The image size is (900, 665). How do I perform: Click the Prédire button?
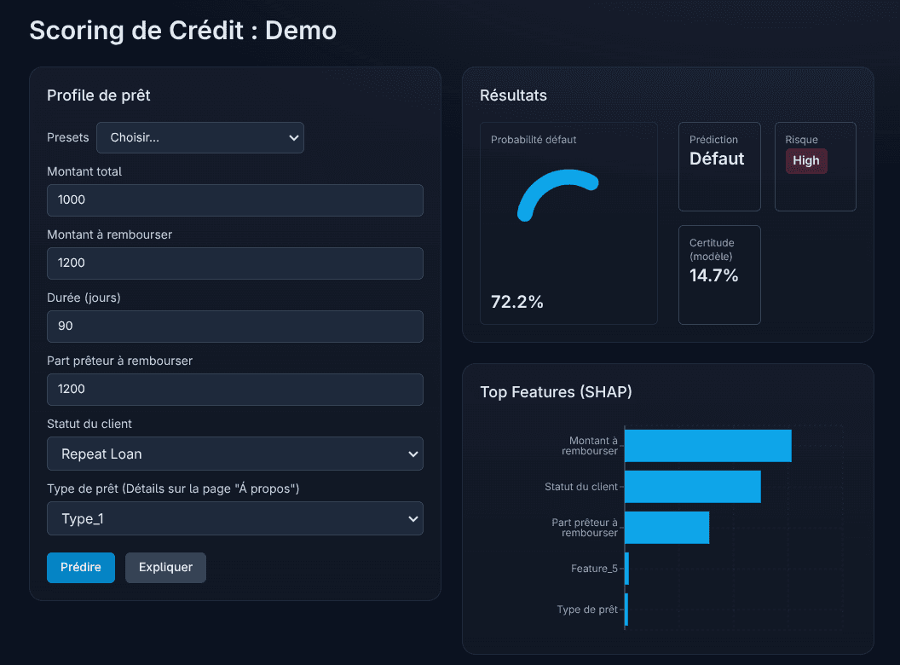(81, 567)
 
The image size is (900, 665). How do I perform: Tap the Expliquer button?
(165, 567)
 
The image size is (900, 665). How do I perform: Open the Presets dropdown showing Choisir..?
(200, 137)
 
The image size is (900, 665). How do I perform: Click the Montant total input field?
(235, 200)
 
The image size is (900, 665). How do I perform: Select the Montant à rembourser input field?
(235, 263)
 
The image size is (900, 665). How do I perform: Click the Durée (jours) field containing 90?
(235, 327)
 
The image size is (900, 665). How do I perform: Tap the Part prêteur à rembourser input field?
(235, 390)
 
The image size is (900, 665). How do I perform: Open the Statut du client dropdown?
(235, 454)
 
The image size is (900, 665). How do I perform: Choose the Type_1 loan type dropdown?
(235, 518)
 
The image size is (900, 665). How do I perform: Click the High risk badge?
(806, 160)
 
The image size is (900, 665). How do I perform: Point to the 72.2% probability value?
(517, 302)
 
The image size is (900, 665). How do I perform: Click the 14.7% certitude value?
(714, 275)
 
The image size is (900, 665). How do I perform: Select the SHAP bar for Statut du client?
(693, 487)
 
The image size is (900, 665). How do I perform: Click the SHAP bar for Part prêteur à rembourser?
(667, 528)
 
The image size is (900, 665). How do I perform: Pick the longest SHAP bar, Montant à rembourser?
(708, 446)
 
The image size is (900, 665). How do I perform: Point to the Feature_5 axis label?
(594, 569)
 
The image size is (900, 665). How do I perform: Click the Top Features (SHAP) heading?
(556, 392)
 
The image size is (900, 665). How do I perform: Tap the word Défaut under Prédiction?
(717, 159)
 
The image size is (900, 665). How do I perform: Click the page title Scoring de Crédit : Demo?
(183, 31)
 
